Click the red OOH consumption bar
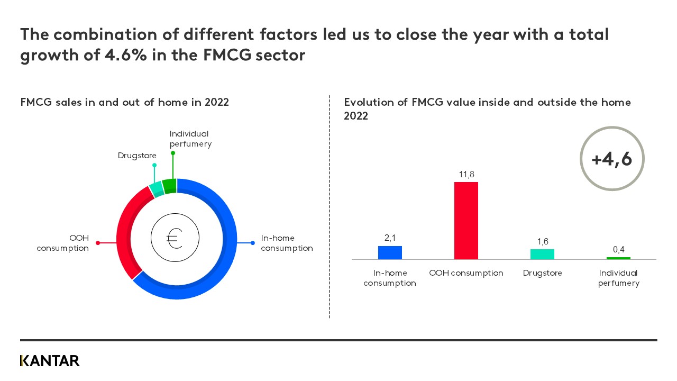click(466, 221)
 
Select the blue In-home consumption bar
click(390, 252)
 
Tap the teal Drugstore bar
click(542, 254)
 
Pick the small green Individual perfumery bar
click(618, 258)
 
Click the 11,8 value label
click(466, 175)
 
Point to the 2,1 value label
click(390, 239)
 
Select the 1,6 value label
click(542, 242)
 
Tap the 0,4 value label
click(618, 250)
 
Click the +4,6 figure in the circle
click(611, 159)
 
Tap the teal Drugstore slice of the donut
click(156, 188)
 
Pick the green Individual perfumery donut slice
click(169, 186)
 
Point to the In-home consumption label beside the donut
click(287, 243)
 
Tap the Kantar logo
click(50, 361)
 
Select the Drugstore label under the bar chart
click(542, 273)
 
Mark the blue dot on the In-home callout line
click(252, 243)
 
